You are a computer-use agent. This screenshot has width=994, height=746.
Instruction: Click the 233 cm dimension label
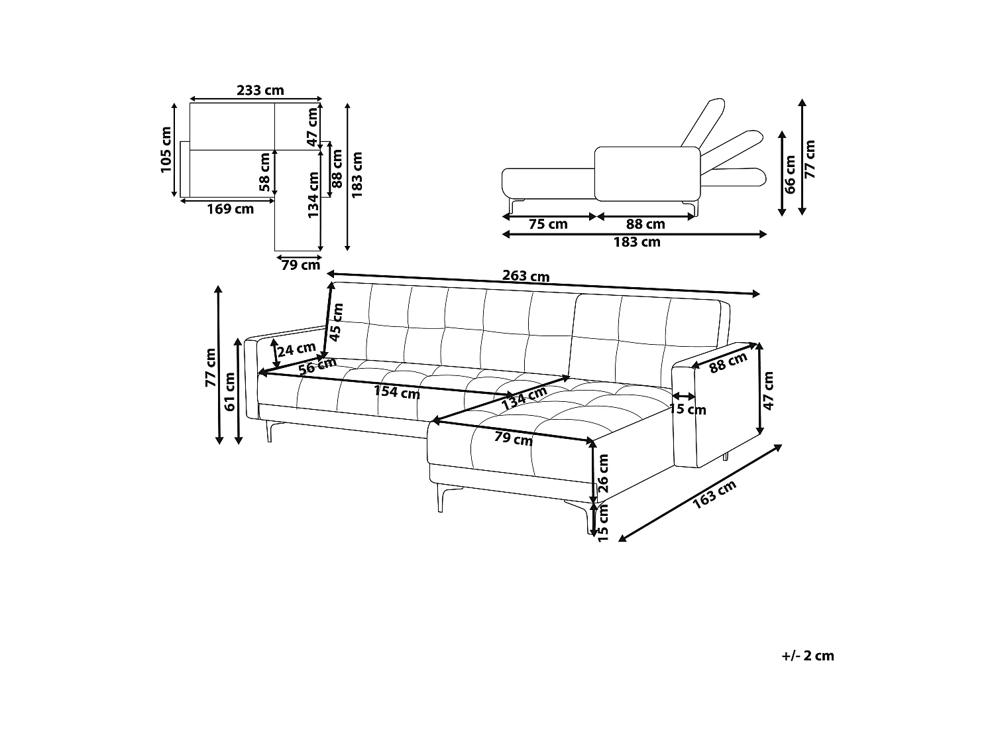[260, 90]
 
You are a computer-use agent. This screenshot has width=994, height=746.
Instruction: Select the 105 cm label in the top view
[166, 149]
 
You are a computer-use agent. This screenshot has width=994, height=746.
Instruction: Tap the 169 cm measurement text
[230, 209]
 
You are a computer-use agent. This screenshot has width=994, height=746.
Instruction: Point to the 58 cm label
[264, 172]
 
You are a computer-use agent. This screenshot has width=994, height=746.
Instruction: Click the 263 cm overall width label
[525, 276]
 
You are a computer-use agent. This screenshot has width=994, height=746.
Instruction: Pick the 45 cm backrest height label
[337, 322]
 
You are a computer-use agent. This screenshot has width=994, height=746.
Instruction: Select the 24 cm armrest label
[296, 349]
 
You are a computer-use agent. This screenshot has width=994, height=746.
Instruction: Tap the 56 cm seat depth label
[317, 365]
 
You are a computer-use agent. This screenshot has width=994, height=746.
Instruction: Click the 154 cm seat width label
[397, 392]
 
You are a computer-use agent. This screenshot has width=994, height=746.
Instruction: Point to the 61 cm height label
[229, 392]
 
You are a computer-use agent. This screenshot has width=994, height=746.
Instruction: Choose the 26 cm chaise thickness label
[603, 473]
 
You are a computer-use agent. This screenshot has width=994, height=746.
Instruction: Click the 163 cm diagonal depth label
[714, 494]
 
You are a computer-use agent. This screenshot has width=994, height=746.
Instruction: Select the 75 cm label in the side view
[548, 223]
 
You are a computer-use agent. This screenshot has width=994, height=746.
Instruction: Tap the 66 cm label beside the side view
[790, 174]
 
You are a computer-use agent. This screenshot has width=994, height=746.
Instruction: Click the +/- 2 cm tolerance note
[807, 656]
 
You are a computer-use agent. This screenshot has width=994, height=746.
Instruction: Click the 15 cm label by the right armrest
[687, 409]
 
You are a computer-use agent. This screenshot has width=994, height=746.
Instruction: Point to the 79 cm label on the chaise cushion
[513, 438]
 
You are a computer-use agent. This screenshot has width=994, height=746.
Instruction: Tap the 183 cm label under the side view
[637, 242]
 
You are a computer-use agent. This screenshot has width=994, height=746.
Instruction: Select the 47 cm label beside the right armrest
[769, 391]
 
